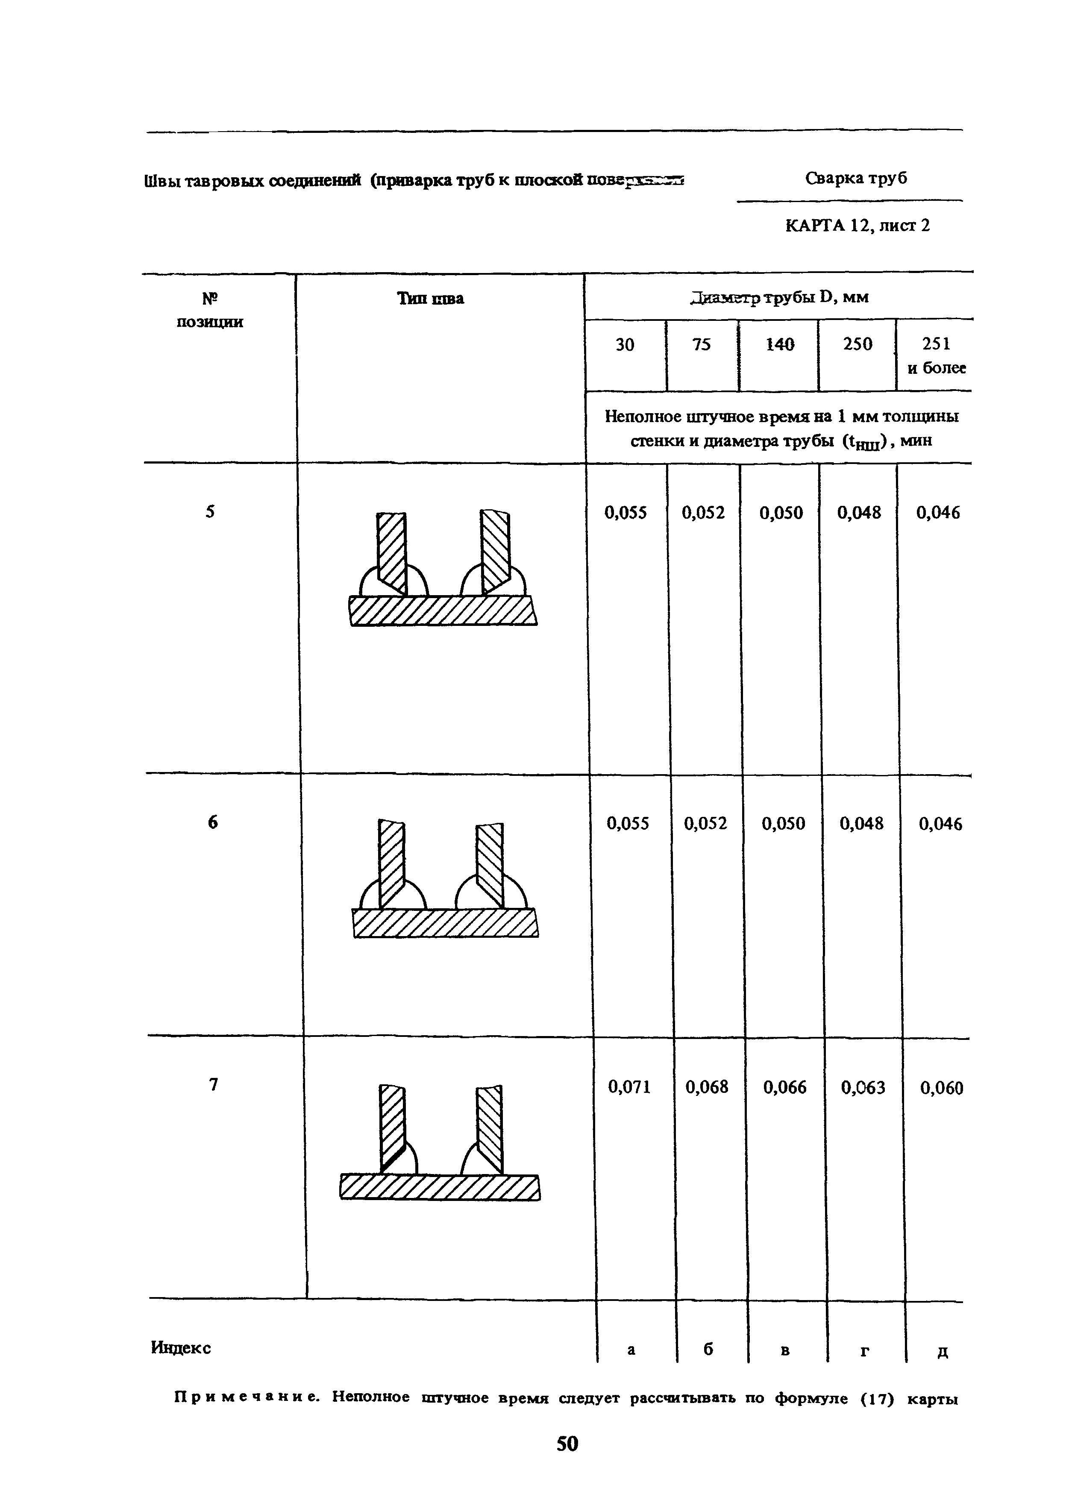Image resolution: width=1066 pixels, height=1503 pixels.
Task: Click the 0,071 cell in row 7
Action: click(x=629, y=1088)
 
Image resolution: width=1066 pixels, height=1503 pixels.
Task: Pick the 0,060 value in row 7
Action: click(x=941, y=1089)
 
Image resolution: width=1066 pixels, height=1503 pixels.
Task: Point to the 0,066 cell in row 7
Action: click(x=784, y=1088)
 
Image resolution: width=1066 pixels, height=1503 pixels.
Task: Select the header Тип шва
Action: click(x=431, y=299)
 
